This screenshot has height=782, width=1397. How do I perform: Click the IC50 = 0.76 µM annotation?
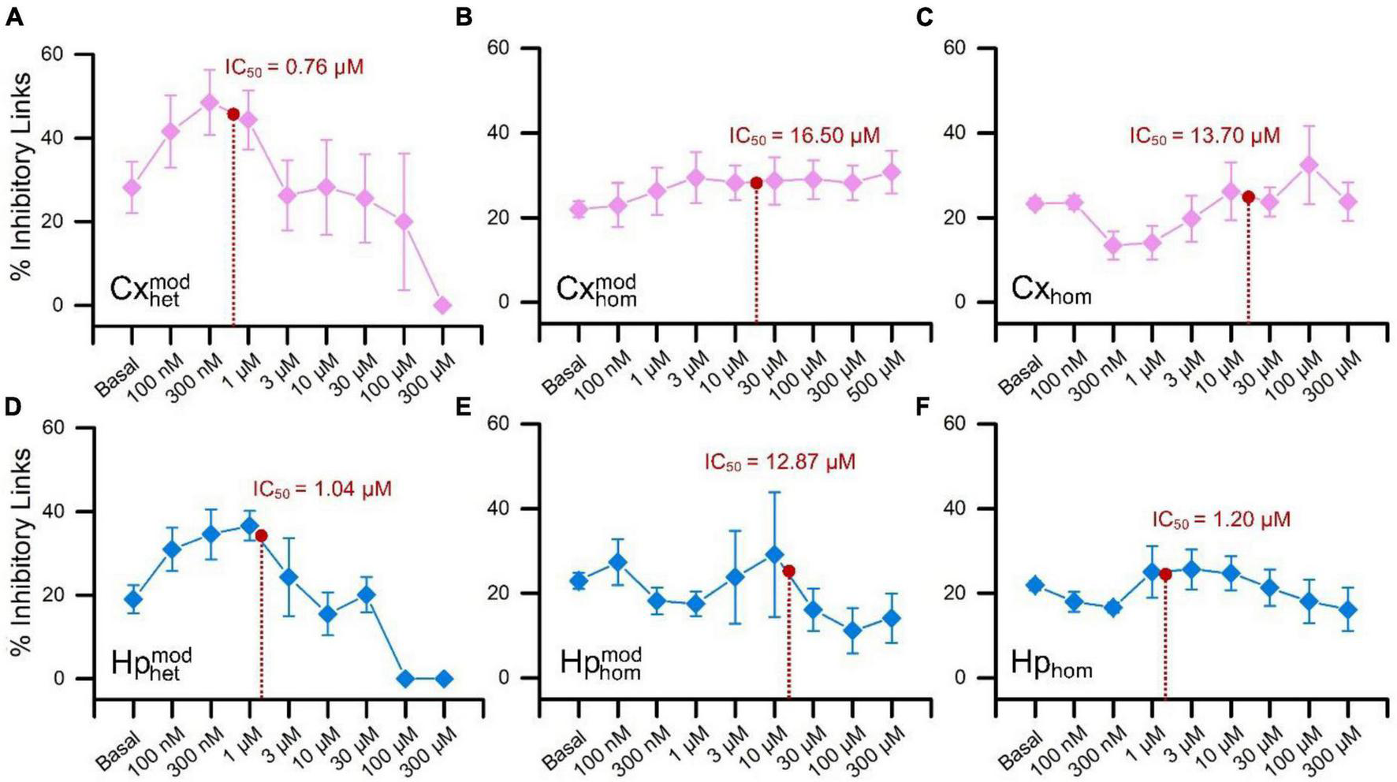coord(294,68)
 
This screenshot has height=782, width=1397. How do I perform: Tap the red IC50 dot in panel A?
coord(233,114)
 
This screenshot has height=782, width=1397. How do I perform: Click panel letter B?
coord(464,17)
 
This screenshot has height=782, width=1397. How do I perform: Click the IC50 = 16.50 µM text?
coord(803,136)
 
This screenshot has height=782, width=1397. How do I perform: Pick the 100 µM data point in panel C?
coord(1309,166)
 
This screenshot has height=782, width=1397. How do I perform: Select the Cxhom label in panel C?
coord(1051,291)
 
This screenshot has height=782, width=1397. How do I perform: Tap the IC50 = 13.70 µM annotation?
coord(1205,136)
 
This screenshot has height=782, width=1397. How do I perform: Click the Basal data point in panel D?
coord(133,599)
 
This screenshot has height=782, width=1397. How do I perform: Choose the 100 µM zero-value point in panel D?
coord(405,679)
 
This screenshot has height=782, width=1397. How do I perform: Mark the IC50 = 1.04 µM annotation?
coord(322,490)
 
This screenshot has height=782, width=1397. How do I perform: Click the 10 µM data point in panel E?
coord(774,555)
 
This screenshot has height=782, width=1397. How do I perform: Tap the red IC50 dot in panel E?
coord(788,571)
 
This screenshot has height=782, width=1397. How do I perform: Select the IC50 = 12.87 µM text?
coord(780,462)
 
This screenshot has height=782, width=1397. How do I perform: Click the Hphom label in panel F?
coord(1051,665)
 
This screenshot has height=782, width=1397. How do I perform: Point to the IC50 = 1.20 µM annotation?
coord(1221,520)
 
